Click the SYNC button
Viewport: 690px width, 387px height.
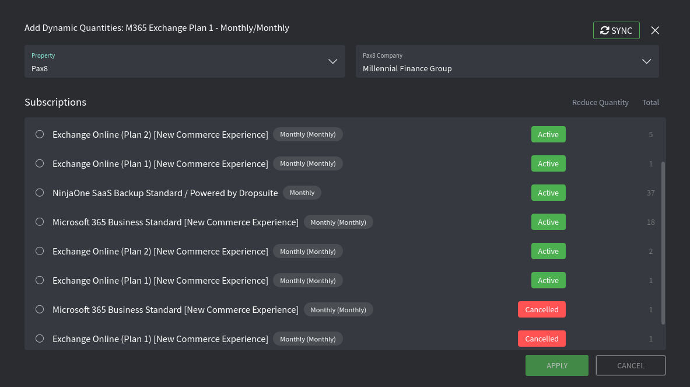[616, 30]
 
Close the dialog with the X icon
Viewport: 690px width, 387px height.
[655, 30]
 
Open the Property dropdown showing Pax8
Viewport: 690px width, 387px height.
[185, 61]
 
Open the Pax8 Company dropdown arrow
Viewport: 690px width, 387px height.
[646, 61]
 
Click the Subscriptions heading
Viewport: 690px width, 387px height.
[55, 102]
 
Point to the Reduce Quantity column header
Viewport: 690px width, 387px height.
[600, 103]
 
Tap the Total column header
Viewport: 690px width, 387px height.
[650, 103]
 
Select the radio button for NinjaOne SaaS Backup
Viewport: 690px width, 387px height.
[40, 193]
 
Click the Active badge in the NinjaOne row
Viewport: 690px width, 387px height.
[548, 193]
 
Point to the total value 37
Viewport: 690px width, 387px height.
[650, 193]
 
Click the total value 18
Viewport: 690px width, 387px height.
[650, 222]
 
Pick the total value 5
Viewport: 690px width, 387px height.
[651, 134]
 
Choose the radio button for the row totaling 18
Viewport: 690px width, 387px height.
[40, 222]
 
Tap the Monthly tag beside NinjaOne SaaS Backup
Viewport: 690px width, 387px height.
[302, 193]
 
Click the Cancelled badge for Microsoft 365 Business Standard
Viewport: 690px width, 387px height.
[542, 309]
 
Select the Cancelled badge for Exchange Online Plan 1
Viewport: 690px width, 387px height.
[542, 339]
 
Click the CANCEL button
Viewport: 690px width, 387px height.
[631, 365]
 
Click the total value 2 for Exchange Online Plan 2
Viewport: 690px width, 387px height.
[651, 252]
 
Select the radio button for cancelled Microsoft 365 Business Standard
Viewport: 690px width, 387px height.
[40, 309]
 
